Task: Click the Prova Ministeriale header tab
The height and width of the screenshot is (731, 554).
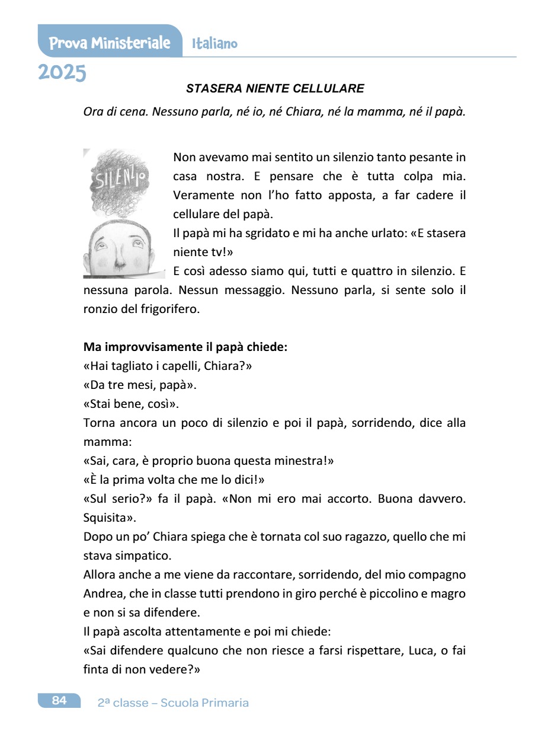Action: (x=110, y=43)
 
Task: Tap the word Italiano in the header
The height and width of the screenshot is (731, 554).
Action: (x=214, y=43)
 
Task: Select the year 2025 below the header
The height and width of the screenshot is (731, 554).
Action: (x=62, y=72)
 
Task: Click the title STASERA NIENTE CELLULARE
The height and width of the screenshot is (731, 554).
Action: (x=275, y=89)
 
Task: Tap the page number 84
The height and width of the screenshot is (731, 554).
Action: (x=59, y=701)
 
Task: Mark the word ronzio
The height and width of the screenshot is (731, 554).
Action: (x=101, y=309)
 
